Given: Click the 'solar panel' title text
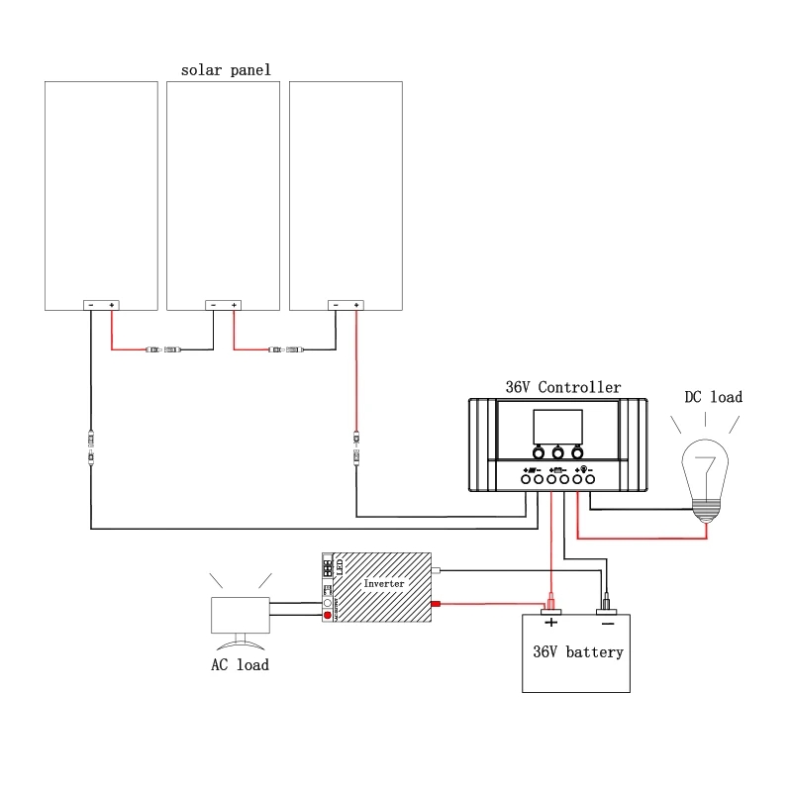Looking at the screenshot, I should tap(226, 70).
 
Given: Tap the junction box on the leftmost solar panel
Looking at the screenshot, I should tap(101, 305).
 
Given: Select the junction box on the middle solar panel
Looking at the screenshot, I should tap(223, 305).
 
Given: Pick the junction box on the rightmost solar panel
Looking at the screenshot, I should tap(346, 305).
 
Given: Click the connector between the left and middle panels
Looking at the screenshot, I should tap(163, 349).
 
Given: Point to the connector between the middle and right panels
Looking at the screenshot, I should tap(286, 349).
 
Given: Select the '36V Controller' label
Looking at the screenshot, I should tap(562, 387).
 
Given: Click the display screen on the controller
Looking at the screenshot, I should tap(558, 426).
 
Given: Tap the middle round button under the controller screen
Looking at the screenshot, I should tap(557, 448).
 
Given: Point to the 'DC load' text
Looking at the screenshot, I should tap(713, 397).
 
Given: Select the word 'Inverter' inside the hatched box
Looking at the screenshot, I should tap(384, 584).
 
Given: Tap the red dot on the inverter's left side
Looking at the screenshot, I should tap(328, 615).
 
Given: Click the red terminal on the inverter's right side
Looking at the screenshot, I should tap(434, 604).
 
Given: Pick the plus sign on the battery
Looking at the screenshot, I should tap(551, 623).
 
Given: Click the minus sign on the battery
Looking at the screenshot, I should tap(607, 623).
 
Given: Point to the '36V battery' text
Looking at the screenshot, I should tap(578, 652).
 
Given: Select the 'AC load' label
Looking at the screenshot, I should tap(240, 664).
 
